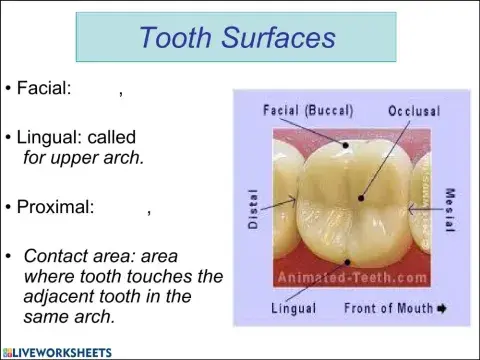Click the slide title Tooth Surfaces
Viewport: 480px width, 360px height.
(x=237, y=38)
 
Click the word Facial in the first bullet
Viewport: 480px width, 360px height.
(x=43, y=88)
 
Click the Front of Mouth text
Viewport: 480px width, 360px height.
(x=387, y=309)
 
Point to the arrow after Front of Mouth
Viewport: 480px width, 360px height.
(x=441, y=309)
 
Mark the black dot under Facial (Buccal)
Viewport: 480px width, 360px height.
(x=346, y=145)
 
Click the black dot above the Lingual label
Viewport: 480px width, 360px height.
(x=346, y=262)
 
